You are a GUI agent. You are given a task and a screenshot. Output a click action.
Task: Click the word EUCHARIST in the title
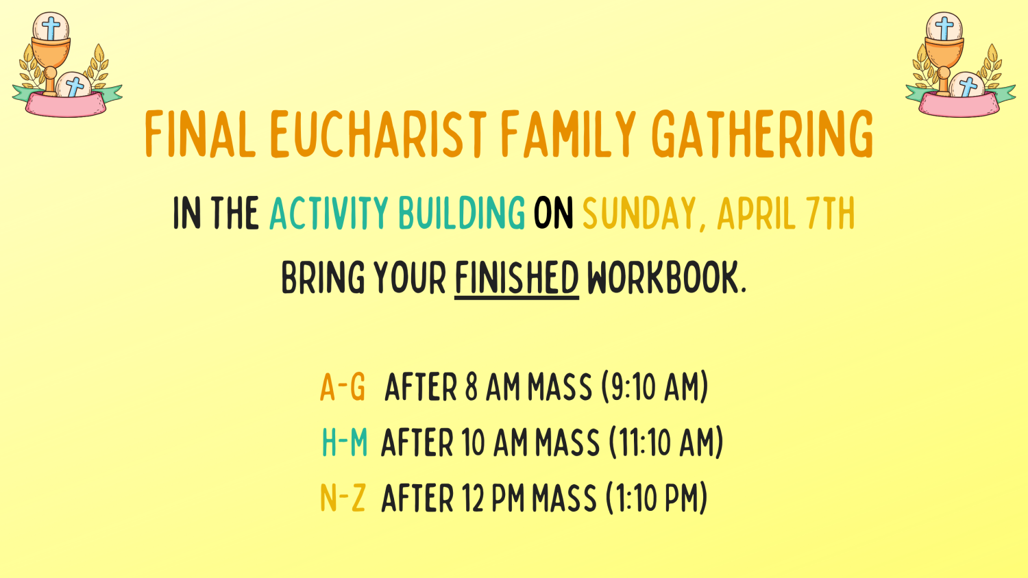378,134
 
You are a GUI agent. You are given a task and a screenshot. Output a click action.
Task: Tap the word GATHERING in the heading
762,134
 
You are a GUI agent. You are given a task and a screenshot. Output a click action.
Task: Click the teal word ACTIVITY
329,214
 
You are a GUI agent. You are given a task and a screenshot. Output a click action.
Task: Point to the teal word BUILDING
461,214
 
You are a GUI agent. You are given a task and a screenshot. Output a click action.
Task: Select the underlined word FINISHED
517,278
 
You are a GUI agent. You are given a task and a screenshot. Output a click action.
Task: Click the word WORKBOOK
665,278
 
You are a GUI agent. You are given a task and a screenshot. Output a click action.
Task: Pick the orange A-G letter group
343,387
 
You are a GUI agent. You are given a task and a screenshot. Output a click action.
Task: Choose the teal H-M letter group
344,442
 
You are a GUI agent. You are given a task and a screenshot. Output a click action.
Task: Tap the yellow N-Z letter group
343,498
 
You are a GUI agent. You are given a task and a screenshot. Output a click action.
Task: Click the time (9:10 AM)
654,387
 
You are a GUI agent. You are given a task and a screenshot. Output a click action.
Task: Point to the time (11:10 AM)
666,442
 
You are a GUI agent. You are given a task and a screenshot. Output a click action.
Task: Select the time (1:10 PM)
656,498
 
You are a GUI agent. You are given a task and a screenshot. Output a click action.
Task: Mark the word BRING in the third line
323,278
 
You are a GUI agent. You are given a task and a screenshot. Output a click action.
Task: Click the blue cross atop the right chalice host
944,27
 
